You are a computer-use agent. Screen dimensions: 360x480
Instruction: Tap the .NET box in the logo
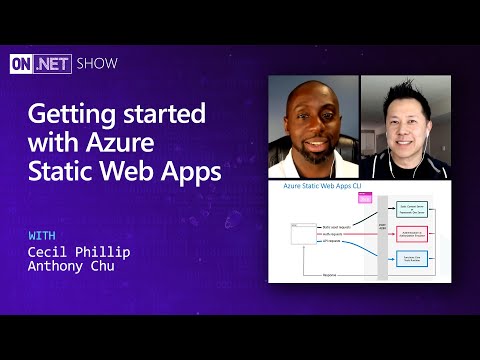[x=52, y=63]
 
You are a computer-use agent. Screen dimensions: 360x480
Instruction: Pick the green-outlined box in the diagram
[x=418, y=208]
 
